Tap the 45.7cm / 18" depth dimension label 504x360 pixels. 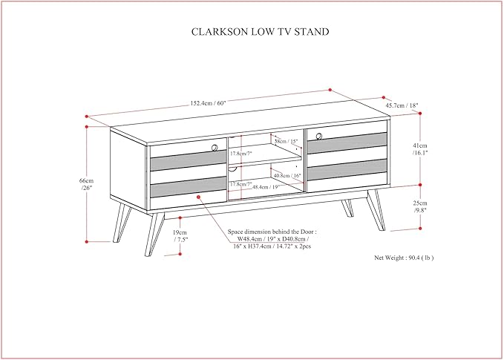402,105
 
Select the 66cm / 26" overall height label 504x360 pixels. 88,184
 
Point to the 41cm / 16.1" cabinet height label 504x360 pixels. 422,150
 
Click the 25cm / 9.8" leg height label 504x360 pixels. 422,206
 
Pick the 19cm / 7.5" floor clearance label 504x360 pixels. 180,236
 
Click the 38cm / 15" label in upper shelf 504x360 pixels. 286,141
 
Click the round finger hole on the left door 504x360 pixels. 215,148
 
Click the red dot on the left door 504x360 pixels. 199,197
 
